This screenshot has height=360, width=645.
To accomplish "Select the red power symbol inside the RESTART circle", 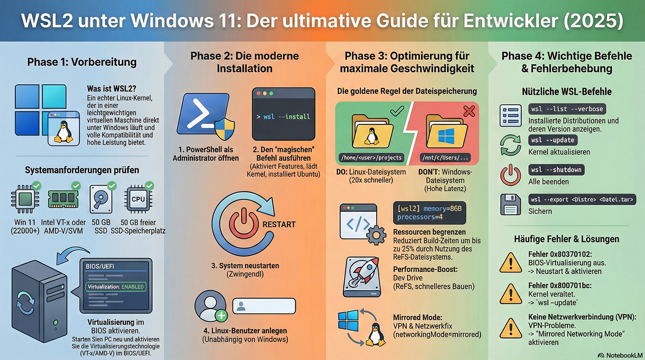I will click(x=243, y=223).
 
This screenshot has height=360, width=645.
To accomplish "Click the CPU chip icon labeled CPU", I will click(x=138, y=199).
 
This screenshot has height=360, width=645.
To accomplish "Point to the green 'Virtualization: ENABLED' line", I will click(x=116, y=287).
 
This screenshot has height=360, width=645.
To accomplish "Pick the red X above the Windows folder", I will click(x=469, y=111).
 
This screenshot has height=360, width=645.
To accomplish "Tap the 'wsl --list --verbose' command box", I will click(x=567, y=109).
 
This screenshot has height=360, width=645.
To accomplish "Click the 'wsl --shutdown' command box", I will click(x=556, y=170).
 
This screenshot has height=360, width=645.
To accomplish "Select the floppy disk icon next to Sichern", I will click(x=510, y=205).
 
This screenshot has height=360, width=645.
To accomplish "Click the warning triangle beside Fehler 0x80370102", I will click(x=511, y=263).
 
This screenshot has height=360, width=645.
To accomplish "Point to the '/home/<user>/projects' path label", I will click(x=371, y=158).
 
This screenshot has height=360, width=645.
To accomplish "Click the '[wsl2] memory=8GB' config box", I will click(x=429, y=213).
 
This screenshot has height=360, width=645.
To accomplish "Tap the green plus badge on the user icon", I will click(x=221, y=316).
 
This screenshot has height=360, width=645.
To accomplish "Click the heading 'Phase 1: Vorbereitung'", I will click(x=82, y=62).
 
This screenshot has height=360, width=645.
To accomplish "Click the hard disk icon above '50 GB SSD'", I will click(x=101, y=199).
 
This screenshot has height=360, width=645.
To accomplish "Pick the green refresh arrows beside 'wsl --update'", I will click(x=510, y=146).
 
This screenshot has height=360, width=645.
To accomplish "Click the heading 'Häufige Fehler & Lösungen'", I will click(x=566, y=239).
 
